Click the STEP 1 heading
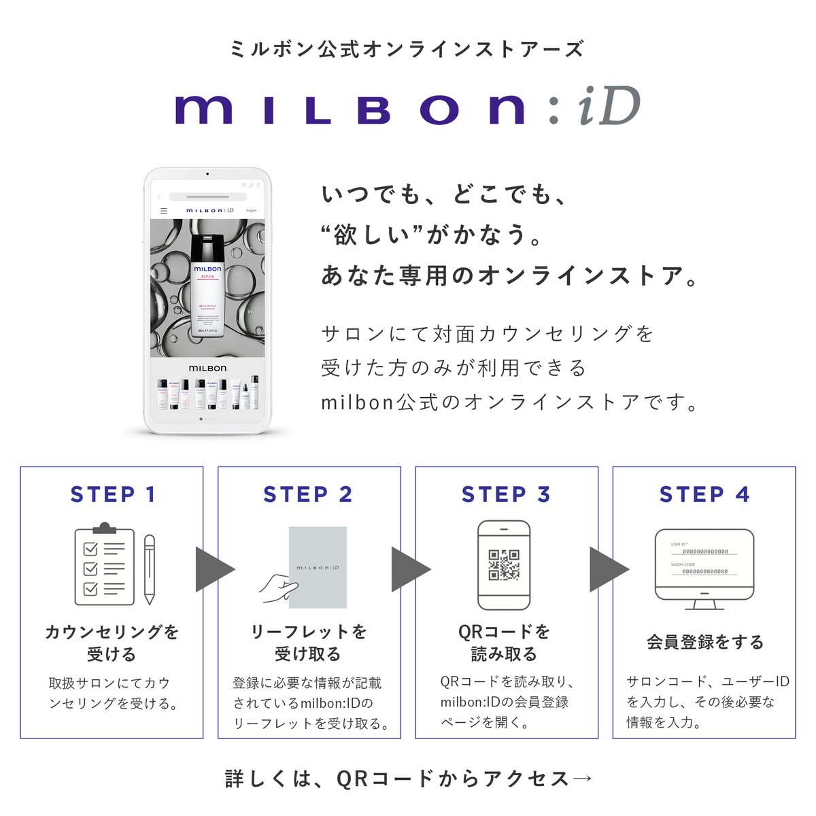tap(113, 494)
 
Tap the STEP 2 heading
tap(308, 494)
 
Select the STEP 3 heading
tap(506, 494)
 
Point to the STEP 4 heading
tap(704, 494)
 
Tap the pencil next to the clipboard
tap(150, 569)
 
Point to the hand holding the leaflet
tap(278, 587)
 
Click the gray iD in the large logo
tap(609, 107)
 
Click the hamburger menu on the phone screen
tap(163, 211)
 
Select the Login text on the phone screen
tap(251, 211)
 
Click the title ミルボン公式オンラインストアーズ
tap(407, 49)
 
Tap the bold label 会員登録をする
tap(704, 642)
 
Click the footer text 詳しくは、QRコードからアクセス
tap(408, 779)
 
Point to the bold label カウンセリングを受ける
tap(112, 643)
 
